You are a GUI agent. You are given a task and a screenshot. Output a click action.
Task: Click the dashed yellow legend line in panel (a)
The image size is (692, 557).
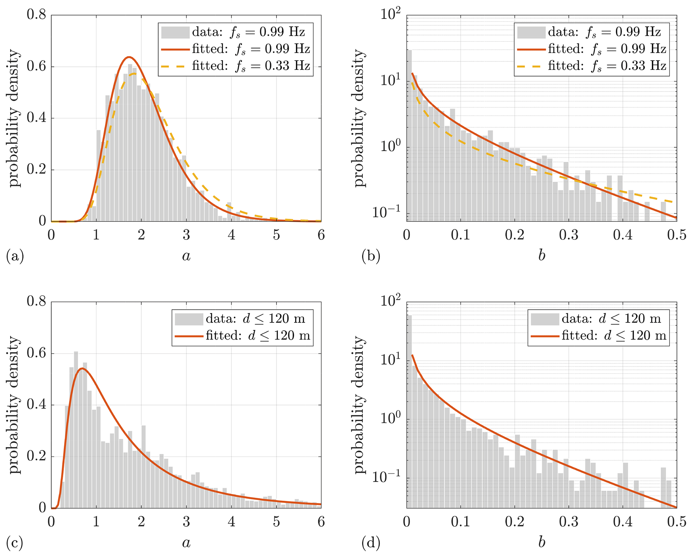(175, 66)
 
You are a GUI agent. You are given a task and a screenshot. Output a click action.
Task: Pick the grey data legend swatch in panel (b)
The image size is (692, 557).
(531, 32)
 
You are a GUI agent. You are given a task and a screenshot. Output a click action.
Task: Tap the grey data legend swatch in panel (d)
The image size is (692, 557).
(545, 319)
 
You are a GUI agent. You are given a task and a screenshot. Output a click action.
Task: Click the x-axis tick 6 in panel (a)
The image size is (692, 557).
(321, 235)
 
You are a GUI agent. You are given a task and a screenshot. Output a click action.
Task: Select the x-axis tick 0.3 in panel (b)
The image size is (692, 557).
(568, 235)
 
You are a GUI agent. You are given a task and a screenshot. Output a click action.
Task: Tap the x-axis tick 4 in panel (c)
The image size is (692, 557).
(231, 522)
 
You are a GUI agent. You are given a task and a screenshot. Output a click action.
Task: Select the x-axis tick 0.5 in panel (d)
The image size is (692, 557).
(677, 522)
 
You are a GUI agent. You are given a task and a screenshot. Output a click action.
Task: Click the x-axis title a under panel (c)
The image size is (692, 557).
(186, 543)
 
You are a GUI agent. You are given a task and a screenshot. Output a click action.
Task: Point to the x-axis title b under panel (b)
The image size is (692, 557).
(541, 256)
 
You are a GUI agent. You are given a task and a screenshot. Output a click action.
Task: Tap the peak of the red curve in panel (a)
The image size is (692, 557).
(129, 57)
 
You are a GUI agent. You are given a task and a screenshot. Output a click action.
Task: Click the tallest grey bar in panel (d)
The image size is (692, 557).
(409, 411)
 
